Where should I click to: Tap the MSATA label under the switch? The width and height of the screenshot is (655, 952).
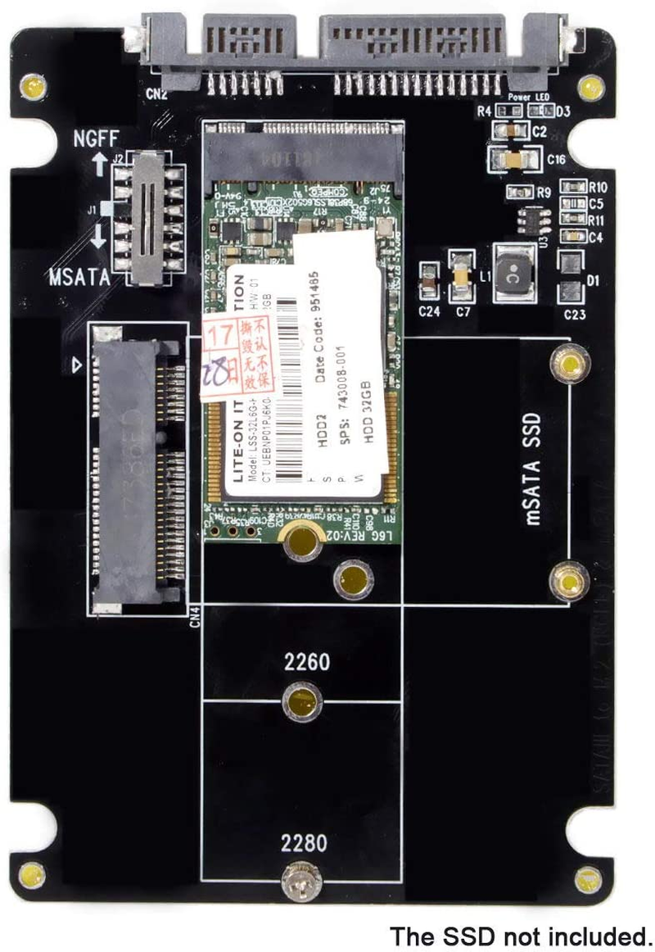point(79,276)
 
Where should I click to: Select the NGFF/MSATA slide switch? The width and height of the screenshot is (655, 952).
point(147,218)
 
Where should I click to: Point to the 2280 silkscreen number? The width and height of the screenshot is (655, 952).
point(302,842)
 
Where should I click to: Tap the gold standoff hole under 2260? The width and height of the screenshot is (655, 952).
point(301,702)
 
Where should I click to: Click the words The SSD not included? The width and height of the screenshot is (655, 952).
point(521,936)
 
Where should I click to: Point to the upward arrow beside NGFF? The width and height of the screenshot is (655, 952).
point(100,164)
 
